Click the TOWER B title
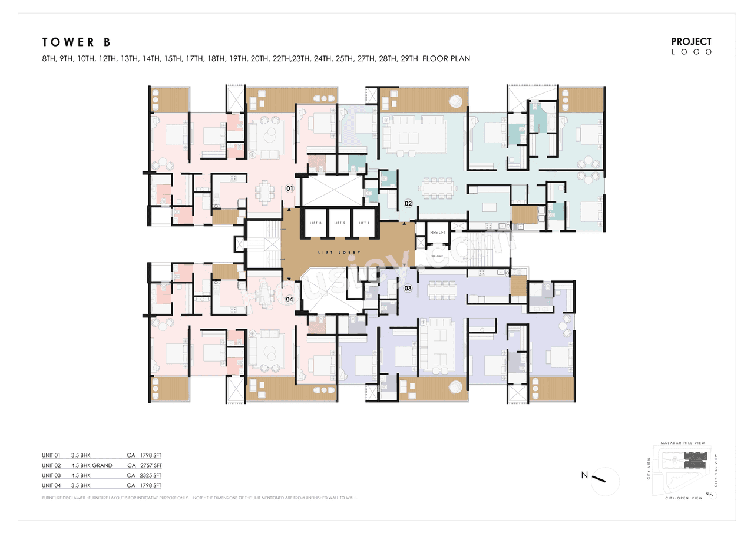pos(76,42)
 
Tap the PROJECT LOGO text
pos(692,46)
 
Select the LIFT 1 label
pos(364,223)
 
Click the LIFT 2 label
pos(340,223)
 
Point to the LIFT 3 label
pos(315,223)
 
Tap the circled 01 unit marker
pos(289,188)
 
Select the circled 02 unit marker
pos(408,204)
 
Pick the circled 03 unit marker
pos(408,288)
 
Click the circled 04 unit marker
pos(289,299)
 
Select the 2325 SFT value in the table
pos(150,475)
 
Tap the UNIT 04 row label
pos(51,485)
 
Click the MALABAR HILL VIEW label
pos(682,443)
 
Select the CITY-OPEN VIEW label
pos(684,498)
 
